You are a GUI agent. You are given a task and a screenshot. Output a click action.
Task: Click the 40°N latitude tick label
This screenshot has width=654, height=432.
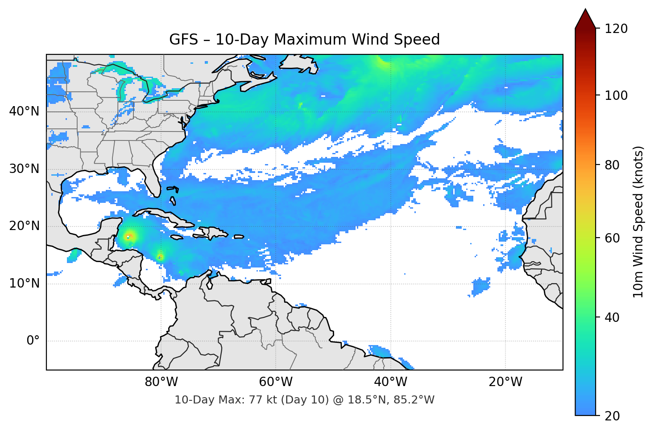[24, 111]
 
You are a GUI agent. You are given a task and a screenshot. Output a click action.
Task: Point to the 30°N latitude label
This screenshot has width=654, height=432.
[24, 169]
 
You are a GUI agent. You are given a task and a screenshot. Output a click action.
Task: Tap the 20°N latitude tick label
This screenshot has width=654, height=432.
[24, 226]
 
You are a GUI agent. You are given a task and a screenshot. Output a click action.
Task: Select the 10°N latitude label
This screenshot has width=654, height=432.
[24, 284]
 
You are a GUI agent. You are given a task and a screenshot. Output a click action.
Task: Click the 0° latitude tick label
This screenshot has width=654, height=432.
[33, 341]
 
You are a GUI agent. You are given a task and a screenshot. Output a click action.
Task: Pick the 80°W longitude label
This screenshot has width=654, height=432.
[161, 382]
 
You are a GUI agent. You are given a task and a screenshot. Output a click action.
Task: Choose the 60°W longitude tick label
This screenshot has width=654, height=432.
[276, 382]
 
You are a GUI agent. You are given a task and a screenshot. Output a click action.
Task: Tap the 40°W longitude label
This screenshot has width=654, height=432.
[390, 382]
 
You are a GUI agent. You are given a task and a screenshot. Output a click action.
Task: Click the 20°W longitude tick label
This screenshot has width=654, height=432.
[505, 382]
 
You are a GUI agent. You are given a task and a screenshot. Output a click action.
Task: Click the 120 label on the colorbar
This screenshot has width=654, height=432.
[616, 29]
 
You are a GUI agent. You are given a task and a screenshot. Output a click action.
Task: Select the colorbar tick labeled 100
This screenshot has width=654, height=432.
[616, 95]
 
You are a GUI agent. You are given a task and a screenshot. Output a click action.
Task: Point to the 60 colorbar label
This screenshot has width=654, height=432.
[612, 238]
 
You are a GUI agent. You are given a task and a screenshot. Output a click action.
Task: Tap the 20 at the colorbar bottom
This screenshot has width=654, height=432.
[612, 416]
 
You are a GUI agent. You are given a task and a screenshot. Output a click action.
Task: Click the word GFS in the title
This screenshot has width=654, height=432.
[183, 40]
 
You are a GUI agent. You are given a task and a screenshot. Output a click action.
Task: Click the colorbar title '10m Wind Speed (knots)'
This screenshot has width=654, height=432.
[638, 222]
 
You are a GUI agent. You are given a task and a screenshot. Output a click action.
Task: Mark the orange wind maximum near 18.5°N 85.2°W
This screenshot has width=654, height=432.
[129, 236]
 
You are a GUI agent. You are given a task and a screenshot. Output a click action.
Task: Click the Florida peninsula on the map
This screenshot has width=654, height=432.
[153, 181]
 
